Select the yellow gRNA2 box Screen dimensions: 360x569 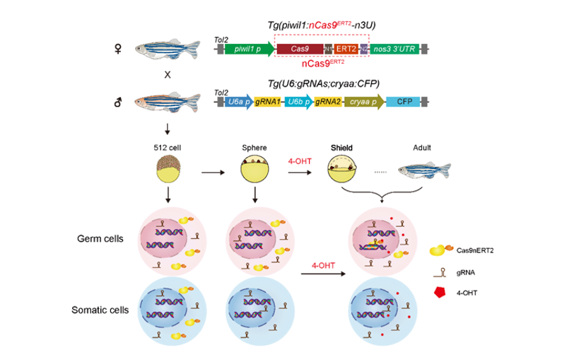[328, 103]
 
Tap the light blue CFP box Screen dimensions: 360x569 [404, 103]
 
